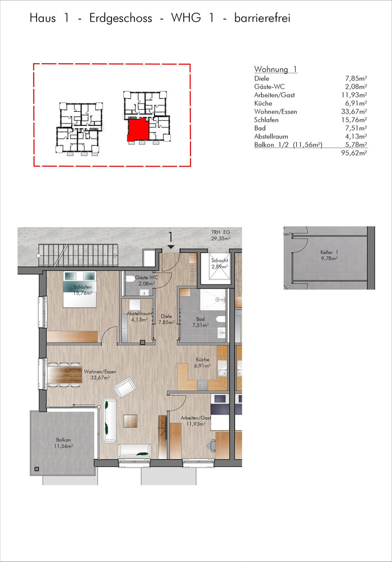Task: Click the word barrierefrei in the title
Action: click(262, 18)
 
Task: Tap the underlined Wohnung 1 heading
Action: click(276, 69)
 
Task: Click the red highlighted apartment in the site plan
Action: click(138, 129)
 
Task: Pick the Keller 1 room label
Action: click(326, 254)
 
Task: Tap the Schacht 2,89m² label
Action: click(218, 264)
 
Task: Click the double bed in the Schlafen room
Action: click(80, 289)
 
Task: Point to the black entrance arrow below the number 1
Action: click(171, 247)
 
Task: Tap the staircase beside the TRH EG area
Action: click(79, 254)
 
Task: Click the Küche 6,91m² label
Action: click(203, 363)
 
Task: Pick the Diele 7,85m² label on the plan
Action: click(167, 319)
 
